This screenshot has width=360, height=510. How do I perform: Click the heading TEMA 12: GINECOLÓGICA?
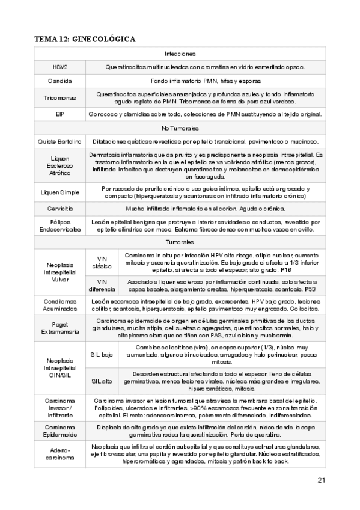click(85, 40)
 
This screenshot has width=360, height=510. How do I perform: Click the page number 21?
click(320, 480)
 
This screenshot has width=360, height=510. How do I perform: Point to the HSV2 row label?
click(60, 67)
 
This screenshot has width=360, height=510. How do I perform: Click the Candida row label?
click(60, 81)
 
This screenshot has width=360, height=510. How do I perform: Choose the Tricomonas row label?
click(60, 97)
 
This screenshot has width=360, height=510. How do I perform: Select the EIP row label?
click(60, 114)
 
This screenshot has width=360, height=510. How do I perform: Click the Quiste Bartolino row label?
click(60, 141)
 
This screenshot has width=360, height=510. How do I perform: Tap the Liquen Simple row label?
click(60, 192)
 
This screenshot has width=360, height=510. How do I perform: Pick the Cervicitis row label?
click(60, 209)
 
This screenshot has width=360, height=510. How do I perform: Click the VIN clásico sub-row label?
click(98, 262)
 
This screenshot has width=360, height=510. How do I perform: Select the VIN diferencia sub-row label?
click(98, 285)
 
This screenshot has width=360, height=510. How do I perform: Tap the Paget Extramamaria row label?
click(60, 328)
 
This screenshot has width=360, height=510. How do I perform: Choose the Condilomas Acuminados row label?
click(60, 305)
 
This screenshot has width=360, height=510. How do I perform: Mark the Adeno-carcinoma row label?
click(60, 454)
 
